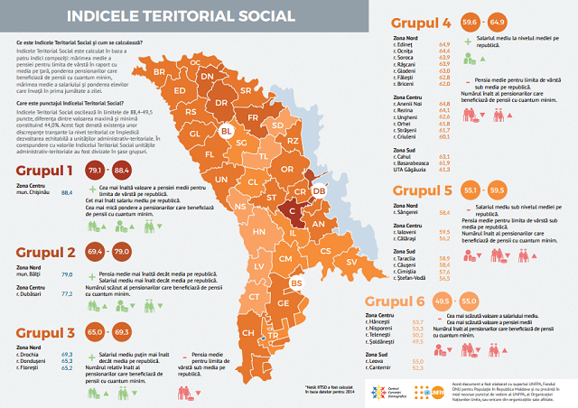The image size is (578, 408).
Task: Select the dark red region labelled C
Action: [293, 210]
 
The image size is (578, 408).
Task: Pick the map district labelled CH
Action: [247, 332]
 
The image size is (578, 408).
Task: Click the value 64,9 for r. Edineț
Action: [444, 44]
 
